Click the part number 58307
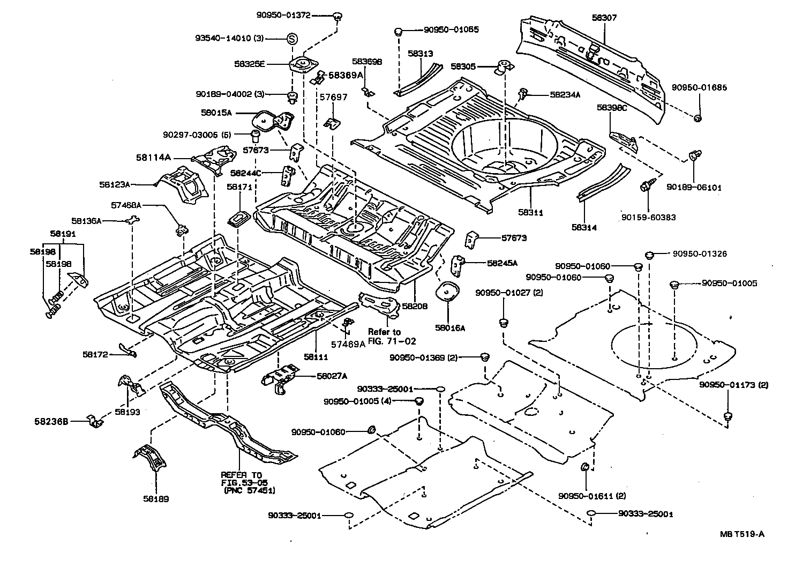tap(604, 18)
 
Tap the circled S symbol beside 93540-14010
tap(291, 39)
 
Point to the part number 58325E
tap(249, 64)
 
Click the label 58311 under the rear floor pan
tap(530, 213)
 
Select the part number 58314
tap(583, 227)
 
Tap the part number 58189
tap(156, 499)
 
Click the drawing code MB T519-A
tap(742, 534)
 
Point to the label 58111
tap(316, 356)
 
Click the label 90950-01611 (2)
tap(591, 496)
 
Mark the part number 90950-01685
tap(700, 87)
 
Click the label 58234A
tap(565, 95)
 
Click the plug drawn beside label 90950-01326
tap(649, 255)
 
